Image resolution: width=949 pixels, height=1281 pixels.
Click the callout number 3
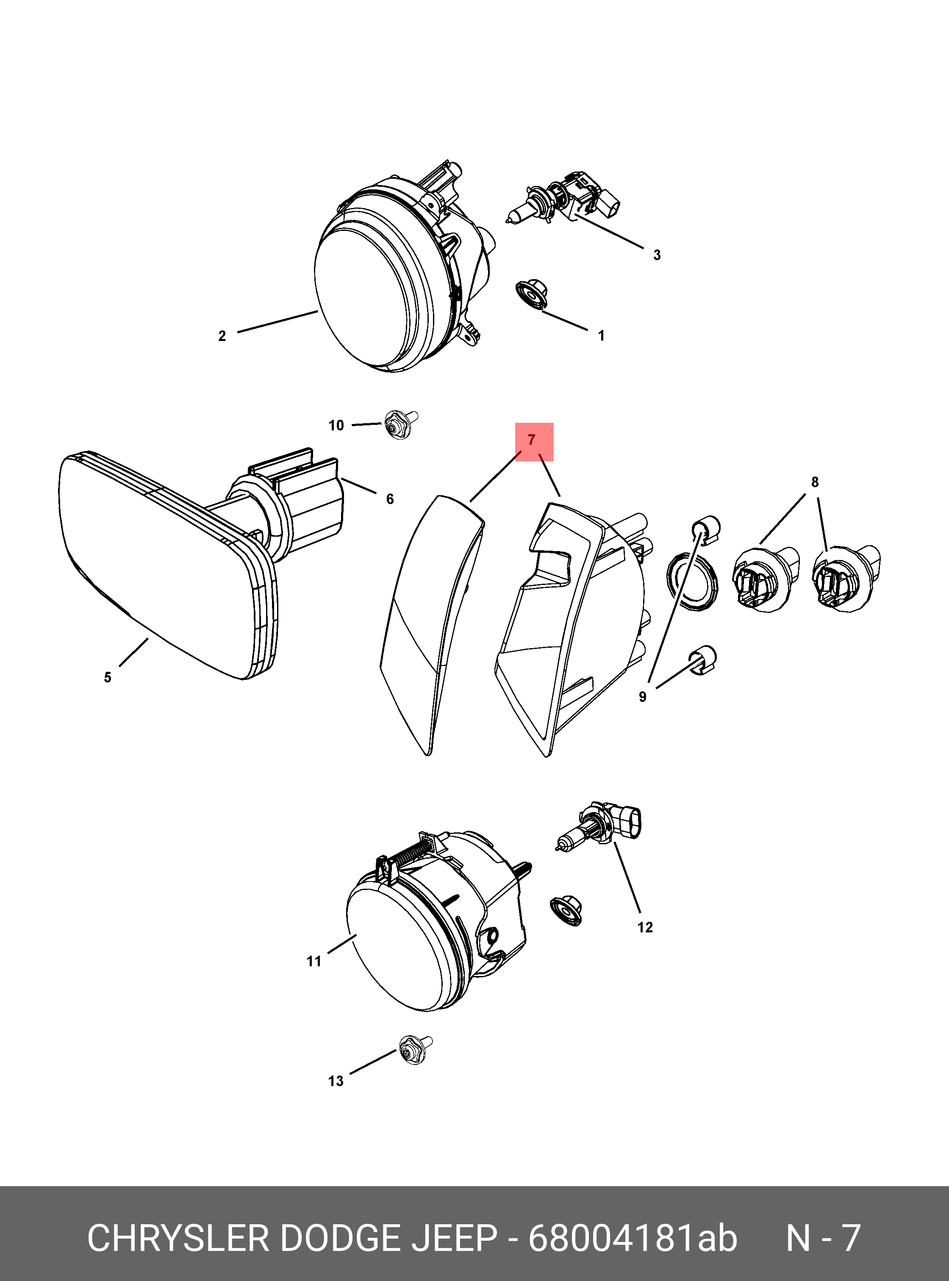pos(657,255)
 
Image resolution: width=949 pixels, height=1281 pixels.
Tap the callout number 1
pos(602,335)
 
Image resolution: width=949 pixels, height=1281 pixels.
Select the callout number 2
pos(222,336)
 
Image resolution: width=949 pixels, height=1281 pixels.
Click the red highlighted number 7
pos(531,440)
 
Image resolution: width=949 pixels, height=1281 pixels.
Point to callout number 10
pos(336,426)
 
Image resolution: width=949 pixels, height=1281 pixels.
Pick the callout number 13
pos(336,1081)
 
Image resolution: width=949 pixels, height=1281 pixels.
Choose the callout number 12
pos(645,927)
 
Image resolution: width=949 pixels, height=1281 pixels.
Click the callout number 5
pos(108,678)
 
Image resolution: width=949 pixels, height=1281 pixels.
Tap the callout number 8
pos(815,482)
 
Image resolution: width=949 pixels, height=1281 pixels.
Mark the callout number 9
pos(642,697)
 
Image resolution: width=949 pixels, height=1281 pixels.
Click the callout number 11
pos(314,961)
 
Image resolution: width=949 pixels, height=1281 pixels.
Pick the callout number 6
pos(390,499)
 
